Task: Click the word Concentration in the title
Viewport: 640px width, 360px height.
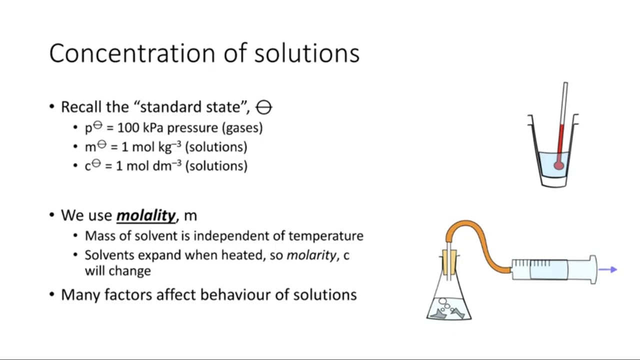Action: point(132,53)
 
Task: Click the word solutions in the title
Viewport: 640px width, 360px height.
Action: point(306,53)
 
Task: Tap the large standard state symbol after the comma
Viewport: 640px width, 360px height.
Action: point(263,107)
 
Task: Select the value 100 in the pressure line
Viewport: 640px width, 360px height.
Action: point(128,127)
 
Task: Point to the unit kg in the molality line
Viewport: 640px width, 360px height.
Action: point(165,147)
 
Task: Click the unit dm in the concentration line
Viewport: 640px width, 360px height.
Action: point(162,166)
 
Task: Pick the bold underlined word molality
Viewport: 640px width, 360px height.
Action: point(146,215)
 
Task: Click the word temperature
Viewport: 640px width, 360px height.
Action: point(325,236)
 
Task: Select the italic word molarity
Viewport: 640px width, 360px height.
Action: point(311,255)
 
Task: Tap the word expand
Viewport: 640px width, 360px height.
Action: point(159,255)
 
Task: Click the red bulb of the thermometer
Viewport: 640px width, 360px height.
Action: point(559,165)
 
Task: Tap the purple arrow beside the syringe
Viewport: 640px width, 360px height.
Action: point(607,269)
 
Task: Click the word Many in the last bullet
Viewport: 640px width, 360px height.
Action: point(80,295)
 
